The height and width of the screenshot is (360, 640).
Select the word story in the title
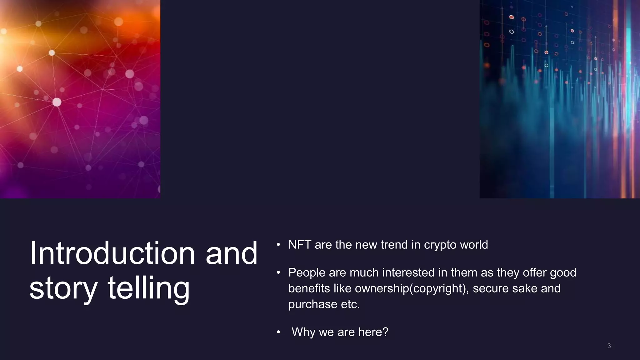point(63,288)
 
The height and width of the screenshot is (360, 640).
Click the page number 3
point(609,346)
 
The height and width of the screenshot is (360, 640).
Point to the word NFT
point(299,245)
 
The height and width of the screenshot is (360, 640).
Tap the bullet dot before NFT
point(278,245)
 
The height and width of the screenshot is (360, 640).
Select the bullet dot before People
point(278,273)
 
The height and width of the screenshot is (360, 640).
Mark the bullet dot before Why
point(278,332)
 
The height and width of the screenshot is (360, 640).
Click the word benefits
point(309,288)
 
